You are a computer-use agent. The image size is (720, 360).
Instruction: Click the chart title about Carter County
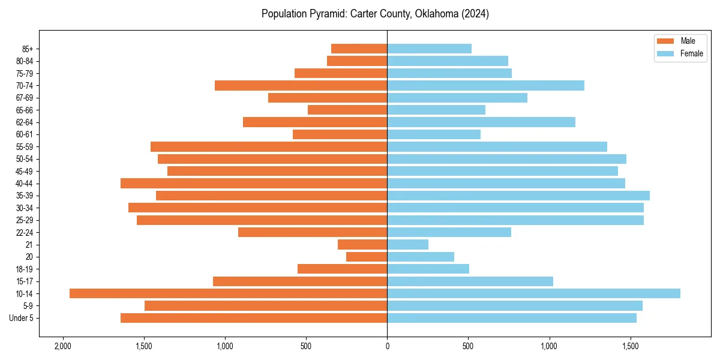coord(375,14)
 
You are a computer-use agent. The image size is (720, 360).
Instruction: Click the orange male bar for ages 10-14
coord(228,293)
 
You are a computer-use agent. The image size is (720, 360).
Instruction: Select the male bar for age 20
coord(367,257)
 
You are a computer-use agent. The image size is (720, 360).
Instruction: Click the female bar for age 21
coord(408,244)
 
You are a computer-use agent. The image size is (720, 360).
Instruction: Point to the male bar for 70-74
coord(301,86)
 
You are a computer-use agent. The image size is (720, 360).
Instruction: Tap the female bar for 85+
coord(429,49)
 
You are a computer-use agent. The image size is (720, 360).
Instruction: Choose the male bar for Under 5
coord(254,318)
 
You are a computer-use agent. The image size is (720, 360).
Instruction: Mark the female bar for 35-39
coord(518,196)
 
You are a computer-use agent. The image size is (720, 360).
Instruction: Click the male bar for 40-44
coord(254,183)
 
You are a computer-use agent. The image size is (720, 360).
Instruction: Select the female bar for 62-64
coord(481,122)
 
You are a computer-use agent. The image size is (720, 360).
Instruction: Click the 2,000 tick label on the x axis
coord(62,346)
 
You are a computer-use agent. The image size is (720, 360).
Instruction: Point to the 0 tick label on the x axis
coord(387,346)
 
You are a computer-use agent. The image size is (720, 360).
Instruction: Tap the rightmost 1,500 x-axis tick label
coord(631,346)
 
